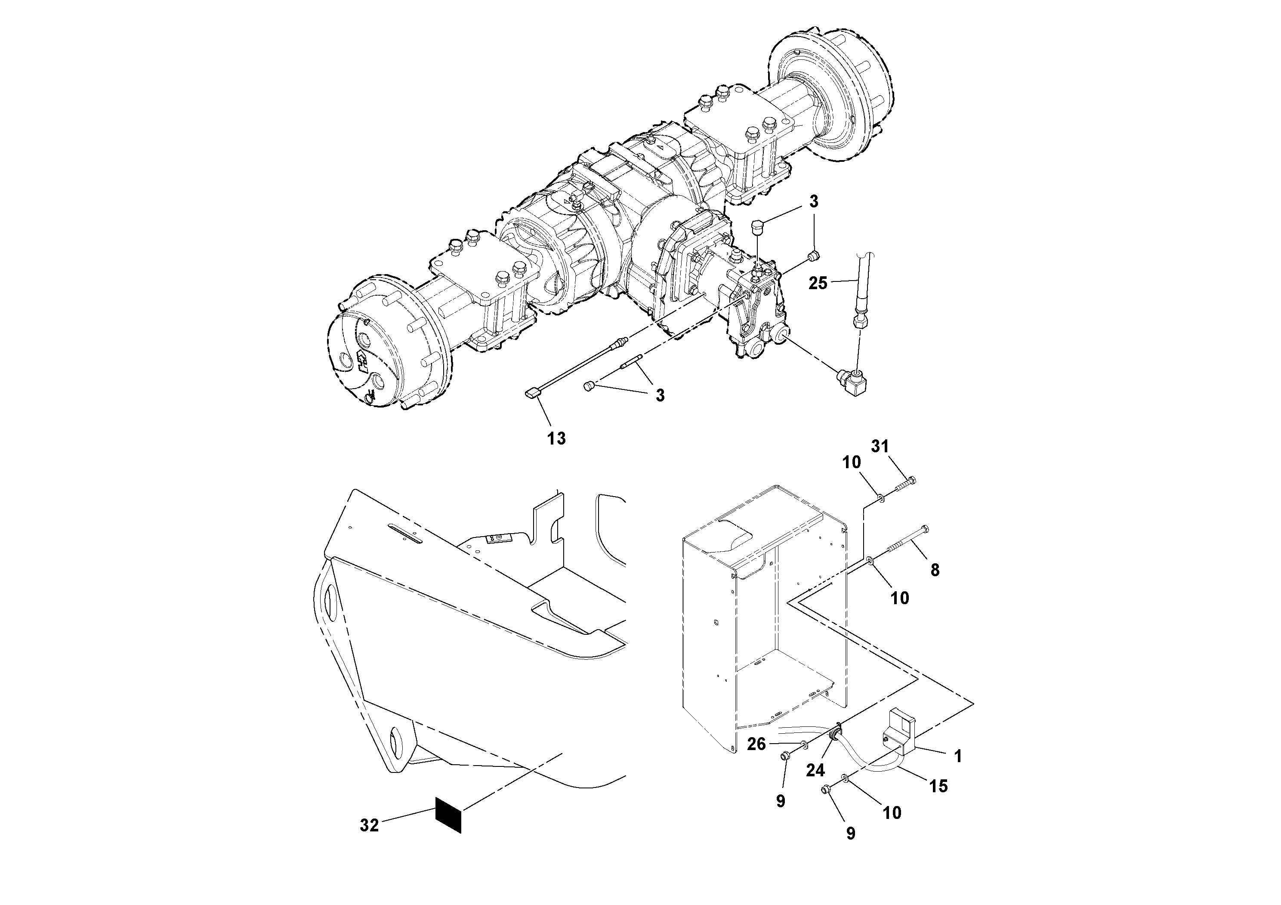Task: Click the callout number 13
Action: pos(556,439)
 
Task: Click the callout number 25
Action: pos(818,284)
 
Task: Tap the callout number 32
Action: pos(369,825)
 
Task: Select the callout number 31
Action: pos(880,446)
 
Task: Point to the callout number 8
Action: pos(935,570)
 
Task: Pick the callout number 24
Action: pos(815,771)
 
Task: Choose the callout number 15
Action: pos(938,786)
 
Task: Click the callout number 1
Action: pos(958,757)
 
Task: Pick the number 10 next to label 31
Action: pos(852,463)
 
